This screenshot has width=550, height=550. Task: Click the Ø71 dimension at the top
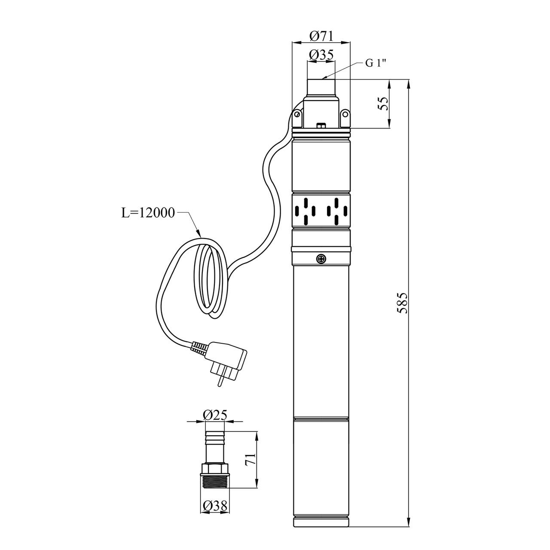(321, 36)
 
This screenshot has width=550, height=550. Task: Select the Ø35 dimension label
(321, 55)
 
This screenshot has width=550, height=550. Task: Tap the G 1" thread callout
(376, 63)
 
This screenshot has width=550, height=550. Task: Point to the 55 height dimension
(384, 104)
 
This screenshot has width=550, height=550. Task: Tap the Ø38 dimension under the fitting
(215, 506)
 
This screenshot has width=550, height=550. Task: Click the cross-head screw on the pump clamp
(321, 259)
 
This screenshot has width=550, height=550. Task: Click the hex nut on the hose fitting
(215, 468)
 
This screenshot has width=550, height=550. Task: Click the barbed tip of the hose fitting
(215, 438)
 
